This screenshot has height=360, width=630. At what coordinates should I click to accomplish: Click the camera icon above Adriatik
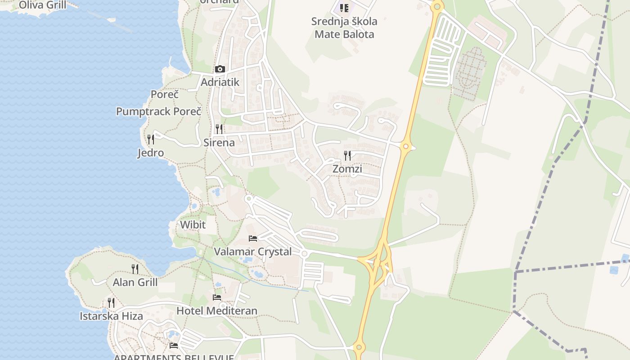pos(220,69)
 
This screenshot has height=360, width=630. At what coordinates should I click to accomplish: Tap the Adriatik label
pos(220,82)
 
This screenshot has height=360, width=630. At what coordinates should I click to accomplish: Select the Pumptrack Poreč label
pos(158,111)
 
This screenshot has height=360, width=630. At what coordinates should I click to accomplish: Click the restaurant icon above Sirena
pos(219,129)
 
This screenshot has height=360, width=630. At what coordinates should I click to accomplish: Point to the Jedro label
pos(150,153)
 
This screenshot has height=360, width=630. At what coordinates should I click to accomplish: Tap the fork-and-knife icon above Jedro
pos(151,139)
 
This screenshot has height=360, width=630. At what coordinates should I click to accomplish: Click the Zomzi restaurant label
pos(347,169)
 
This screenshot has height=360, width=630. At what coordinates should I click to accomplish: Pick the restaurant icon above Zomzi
pos(347,156)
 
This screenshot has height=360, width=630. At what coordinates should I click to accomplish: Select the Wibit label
pos(193,225)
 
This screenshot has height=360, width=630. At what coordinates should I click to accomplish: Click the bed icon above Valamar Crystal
pos(253,238)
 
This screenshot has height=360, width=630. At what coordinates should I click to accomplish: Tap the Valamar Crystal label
pos(253,252)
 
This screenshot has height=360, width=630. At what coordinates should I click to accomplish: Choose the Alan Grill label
pos(135,283)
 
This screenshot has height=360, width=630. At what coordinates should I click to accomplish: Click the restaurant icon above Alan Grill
pos(135,269)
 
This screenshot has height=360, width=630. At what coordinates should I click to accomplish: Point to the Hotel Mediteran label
pos(217,311)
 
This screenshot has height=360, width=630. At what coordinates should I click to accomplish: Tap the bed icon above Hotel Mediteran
pos(217,297)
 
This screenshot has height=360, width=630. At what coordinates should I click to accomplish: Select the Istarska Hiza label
pos(111,316)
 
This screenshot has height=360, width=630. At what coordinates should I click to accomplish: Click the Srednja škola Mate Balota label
pos(344,27)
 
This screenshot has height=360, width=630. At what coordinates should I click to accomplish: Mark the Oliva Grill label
pos(42,5)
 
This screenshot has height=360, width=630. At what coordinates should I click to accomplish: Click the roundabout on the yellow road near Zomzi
pos(406,146)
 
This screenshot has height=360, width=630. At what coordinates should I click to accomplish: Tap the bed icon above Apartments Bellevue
pos(174,346)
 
